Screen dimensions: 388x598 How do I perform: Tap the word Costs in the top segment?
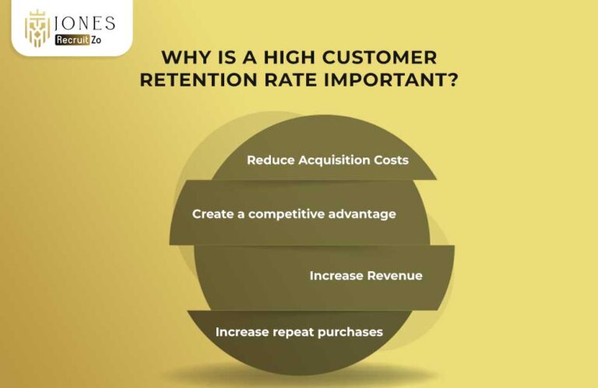(x=391, y=160)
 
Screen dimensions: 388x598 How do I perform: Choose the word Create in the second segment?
(x=212, y=213)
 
